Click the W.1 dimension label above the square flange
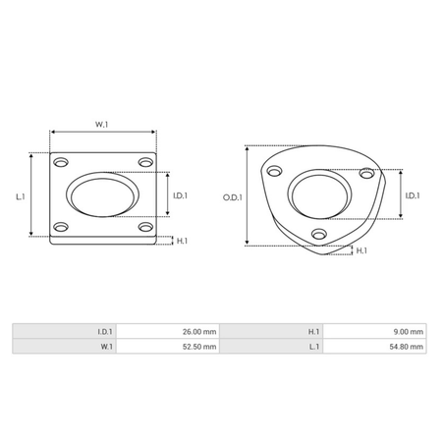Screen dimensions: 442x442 click(102, 124)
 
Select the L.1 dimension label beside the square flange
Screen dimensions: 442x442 click(21, 196)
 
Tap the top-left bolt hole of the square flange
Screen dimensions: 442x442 click(62, 161)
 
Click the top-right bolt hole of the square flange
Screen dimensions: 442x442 click(145, 161)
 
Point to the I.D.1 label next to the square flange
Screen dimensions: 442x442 click(180, 196)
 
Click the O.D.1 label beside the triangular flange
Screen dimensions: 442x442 click(232, 196)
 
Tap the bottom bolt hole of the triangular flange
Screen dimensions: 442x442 click(318, 234)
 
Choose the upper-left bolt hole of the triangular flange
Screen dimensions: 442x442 click(271, 171)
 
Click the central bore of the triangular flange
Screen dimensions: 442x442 click(318, 193)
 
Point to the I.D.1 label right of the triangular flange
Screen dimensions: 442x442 click(413, 194)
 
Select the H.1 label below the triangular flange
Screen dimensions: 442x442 click(360, 251)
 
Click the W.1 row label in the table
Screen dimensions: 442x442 click(107, 347)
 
